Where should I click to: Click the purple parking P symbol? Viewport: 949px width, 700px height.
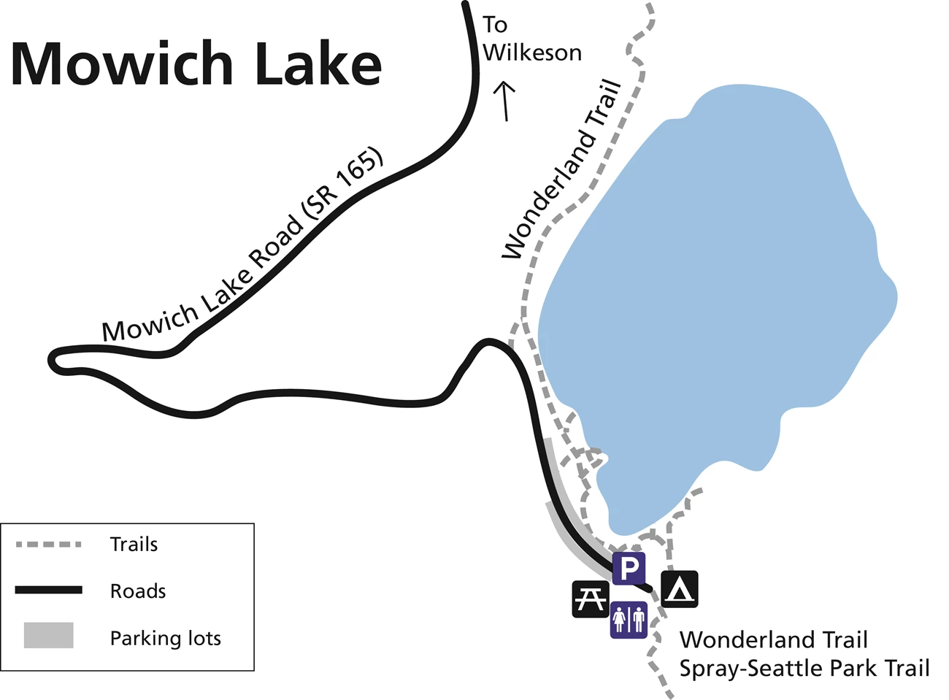coord(629,568)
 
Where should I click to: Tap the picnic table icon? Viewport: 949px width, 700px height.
coord(590,599)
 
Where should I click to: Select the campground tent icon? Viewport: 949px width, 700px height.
coord(680,589)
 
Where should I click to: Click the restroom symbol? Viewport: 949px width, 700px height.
coord(629,620)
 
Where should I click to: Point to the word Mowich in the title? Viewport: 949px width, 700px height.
coord(121,64)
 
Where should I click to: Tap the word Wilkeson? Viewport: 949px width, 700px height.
coord(532,53)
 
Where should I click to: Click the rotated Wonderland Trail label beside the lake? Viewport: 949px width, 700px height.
coord(563,170)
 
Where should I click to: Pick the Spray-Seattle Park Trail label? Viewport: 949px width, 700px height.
coord(804,668)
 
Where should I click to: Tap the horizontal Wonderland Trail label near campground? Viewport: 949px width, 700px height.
coord(774,639)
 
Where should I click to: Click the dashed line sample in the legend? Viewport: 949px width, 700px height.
coord(48,545)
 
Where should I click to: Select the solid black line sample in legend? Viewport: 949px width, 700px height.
coord(48,590)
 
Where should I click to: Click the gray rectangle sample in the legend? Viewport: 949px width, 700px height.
coord(48,635)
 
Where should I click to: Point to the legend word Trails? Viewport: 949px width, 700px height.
coord(134,545)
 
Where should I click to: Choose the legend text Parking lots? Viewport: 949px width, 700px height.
coord(165,638)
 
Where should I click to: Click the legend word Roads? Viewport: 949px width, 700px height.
coord(138,591)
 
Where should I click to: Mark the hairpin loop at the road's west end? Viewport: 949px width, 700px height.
coord(54,359)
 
